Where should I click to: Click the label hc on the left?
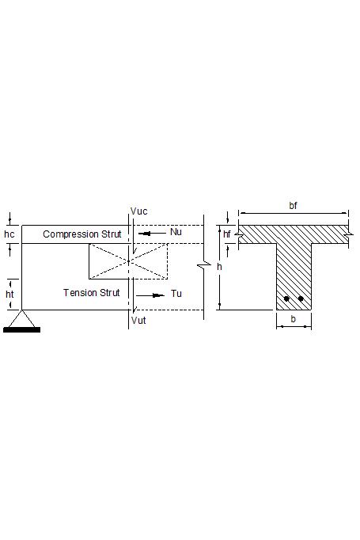(x=9, y=234)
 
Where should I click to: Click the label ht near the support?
(x=9, y=293)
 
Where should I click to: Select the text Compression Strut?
(x=82, y=234)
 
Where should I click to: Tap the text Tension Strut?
(x=92, y=293)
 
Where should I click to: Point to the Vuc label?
(x=138, y=212)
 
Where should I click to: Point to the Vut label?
(x=138, y=321)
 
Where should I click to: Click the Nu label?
(x=176, y=232)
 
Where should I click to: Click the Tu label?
(x=176, y=294)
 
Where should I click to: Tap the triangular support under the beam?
(x=21, y=318)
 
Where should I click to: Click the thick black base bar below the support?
(x=21, y=329)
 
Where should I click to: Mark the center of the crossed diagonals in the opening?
(x=128, y=261)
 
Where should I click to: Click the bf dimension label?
(x=294, y=205)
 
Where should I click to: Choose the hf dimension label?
(x=227, y=234)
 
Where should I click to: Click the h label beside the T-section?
(x=220, y=268)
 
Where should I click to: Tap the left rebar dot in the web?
(x=286, y=299)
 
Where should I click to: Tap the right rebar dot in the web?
(x=301, y=299)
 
